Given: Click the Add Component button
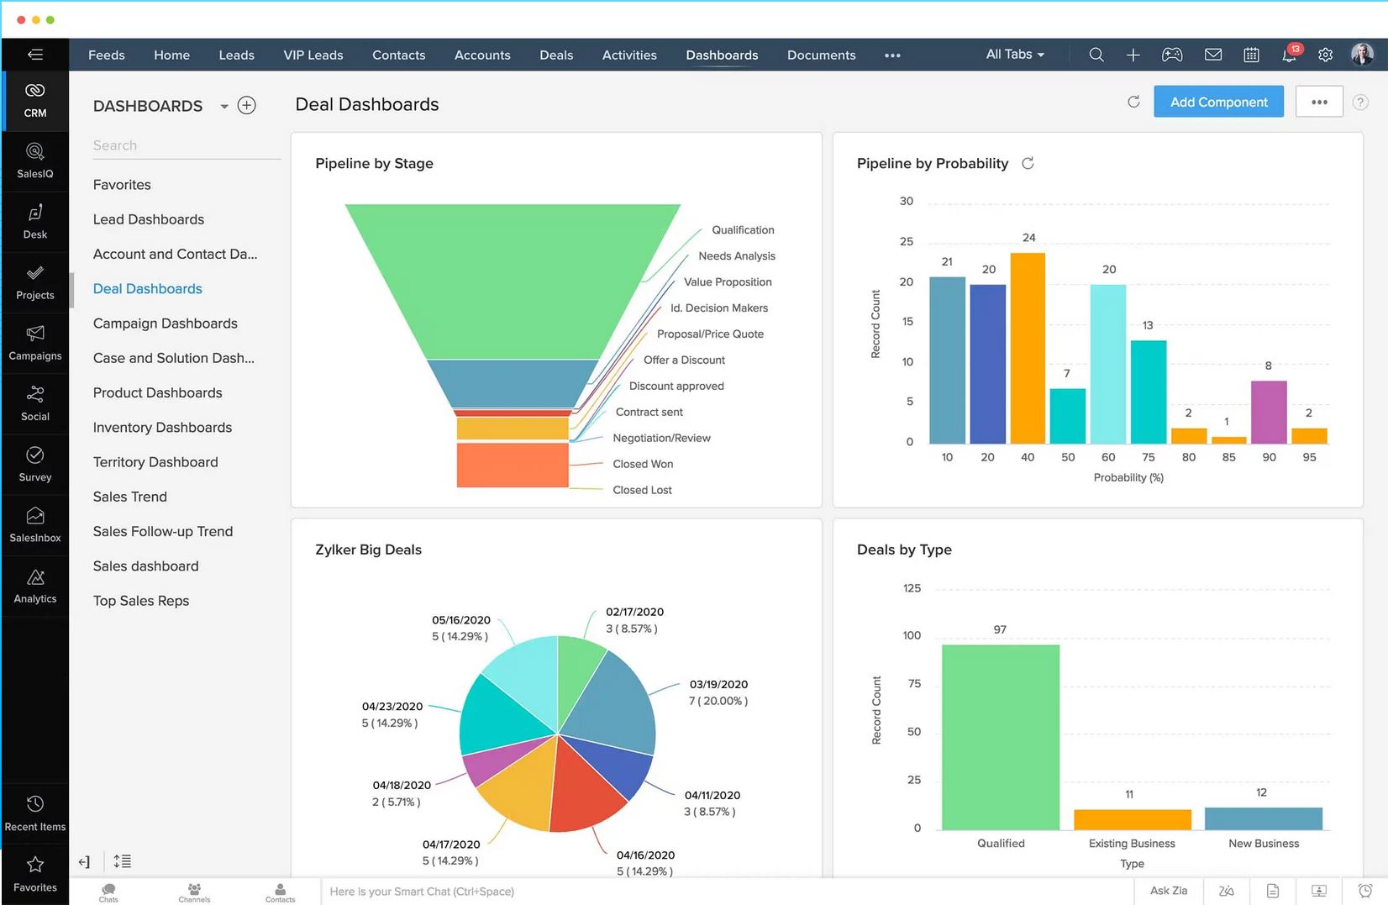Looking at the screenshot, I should [1217, 102].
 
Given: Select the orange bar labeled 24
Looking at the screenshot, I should [1027, 349].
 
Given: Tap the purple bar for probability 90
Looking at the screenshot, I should [1268, 412].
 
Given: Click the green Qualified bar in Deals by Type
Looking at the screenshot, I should [1000, 738].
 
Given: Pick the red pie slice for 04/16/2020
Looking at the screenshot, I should [588, 786].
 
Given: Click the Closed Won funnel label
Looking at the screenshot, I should [643, 464].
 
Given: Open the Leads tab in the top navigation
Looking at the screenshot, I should [236, 55].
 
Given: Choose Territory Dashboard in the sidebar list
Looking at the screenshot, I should [155, 462].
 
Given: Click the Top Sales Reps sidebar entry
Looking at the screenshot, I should [141, 601].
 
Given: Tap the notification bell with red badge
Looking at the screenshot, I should [1289, 55].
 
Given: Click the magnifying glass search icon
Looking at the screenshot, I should [1096, 55].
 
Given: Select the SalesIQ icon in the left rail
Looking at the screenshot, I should [35, 160].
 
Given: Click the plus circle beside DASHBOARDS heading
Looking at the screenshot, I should [247, 106].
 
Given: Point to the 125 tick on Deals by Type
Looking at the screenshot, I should [912, 588].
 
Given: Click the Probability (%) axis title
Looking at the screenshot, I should [1128, 477].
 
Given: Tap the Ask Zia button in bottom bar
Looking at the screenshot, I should [1168, 891].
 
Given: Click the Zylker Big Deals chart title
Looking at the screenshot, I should [368, 550].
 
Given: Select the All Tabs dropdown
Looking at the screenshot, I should [1014, 55].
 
